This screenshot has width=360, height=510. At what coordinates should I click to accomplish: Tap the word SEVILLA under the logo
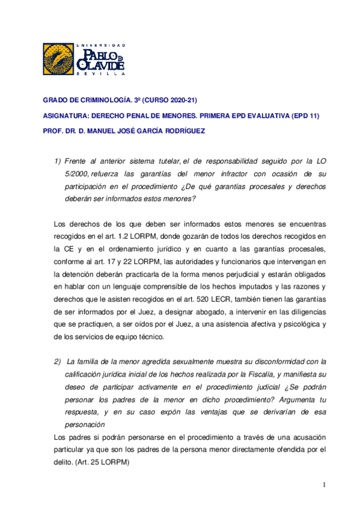point(101,75)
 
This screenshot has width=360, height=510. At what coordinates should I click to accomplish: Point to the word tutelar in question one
point(163,161)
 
